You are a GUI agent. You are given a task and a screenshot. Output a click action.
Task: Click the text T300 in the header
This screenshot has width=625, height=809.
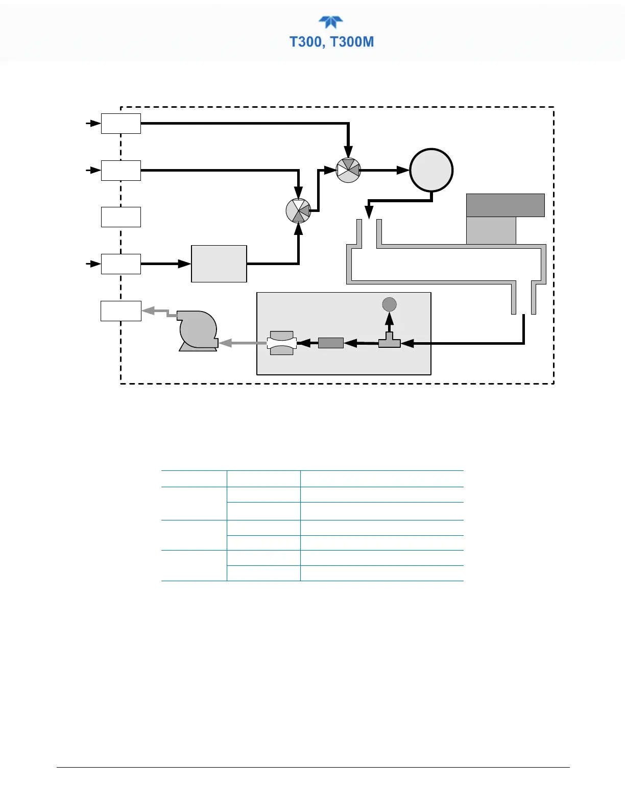coord(305,42)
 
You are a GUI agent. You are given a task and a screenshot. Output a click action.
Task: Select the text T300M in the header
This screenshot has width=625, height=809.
coord(352,42)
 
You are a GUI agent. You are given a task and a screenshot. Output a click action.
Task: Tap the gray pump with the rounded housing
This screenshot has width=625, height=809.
coord(198,331)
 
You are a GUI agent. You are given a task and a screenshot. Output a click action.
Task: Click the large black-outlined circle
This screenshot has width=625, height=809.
coord(431,170)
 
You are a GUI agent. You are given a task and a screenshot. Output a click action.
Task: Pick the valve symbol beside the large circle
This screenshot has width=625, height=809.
coord(349,171)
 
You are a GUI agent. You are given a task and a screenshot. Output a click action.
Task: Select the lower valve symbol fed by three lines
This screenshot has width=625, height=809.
coord(299,211)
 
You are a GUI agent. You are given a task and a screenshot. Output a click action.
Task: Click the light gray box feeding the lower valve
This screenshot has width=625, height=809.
coord(219,264)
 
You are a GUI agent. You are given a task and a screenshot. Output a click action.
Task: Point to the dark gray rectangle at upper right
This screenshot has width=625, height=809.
coord(505,205)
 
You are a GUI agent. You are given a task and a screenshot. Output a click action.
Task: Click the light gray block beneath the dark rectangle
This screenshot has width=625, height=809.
coord(491,230)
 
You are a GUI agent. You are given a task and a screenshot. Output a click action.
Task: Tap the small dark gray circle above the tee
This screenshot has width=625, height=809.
coord(390,304)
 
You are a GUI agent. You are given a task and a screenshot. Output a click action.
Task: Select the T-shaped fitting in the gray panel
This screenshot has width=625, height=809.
coord(389,341)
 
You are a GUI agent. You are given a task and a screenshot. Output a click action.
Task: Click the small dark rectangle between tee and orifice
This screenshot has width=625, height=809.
coord(331,343)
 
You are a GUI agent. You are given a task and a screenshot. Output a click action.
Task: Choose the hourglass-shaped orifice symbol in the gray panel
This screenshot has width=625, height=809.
coord(281,343)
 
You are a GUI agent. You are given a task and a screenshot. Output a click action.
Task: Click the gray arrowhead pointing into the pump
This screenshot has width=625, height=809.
coord(225,343)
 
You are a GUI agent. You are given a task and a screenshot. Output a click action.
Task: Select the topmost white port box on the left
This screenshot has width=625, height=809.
coord(121,124)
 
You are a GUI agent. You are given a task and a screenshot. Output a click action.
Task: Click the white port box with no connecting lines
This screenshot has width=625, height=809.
coord(121,217)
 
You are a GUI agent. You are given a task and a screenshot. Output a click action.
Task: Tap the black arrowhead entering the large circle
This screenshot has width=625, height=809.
coord(404,170)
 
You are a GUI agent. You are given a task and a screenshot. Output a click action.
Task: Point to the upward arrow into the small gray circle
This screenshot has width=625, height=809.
coord(389,317)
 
